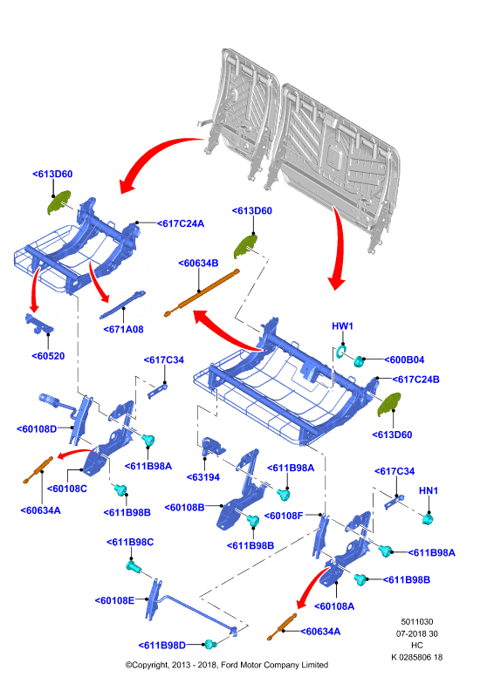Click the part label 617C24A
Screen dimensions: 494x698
[x=181, y=223]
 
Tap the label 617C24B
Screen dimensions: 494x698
[x=416, y=380]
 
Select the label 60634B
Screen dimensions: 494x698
[x=198, y=263]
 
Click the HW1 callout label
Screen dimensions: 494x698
[x=342, y=326]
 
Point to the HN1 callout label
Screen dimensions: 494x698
[x=429, y=490]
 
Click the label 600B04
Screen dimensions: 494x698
[x=404, y=359]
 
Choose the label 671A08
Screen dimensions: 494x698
[x=123, y=330]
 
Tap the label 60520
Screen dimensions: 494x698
[x=48, y=356]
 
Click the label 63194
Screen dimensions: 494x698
[x=203, y=477]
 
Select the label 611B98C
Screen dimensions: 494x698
[x=130, y=542]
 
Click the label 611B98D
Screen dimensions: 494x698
[x=162, y=645]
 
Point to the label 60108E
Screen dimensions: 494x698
[x=114, y=600]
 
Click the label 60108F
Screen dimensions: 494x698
[x=284, y=516]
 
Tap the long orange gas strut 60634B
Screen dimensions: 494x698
[x=202, y=293]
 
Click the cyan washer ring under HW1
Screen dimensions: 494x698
[x=341, y=351]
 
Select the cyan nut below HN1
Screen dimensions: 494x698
[x=428, y=519]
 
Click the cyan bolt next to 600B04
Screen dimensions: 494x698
[x=359, y=360]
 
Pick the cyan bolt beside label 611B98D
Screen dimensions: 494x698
[x=209, y=644]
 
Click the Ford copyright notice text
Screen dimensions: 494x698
[x=227, y=665]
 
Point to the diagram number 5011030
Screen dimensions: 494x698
[x=417, y=622]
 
